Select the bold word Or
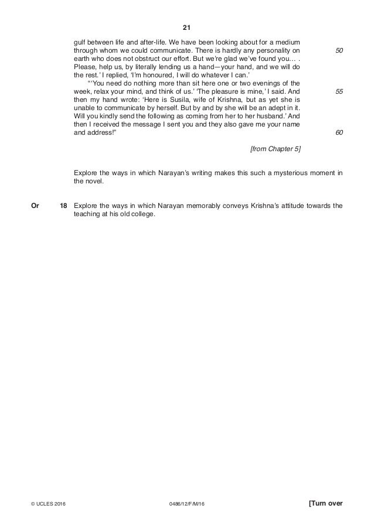35,206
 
